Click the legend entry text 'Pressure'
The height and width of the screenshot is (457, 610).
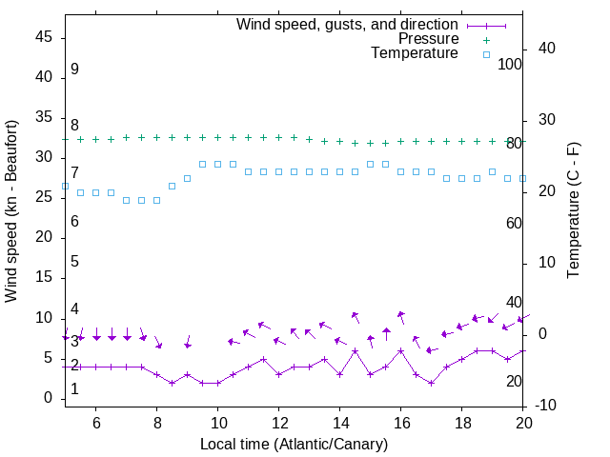428,39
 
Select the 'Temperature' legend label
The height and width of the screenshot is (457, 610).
415,53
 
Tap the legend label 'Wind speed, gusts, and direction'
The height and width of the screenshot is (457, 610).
348,24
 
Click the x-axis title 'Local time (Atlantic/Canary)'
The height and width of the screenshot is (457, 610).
294,444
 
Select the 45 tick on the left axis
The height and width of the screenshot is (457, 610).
44,37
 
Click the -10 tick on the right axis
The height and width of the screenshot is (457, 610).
548,406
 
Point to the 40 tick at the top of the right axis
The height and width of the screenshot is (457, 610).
548,49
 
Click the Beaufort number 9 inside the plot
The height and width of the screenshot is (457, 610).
74,70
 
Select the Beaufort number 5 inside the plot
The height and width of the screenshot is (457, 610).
74,262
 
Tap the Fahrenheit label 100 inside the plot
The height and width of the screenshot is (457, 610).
510,65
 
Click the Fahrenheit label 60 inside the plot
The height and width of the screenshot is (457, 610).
514,223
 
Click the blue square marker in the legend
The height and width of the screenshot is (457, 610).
486,54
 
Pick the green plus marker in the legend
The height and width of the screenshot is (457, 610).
486,40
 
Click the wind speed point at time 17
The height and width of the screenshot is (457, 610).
431,383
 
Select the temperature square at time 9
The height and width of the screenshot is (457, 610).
187,178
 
